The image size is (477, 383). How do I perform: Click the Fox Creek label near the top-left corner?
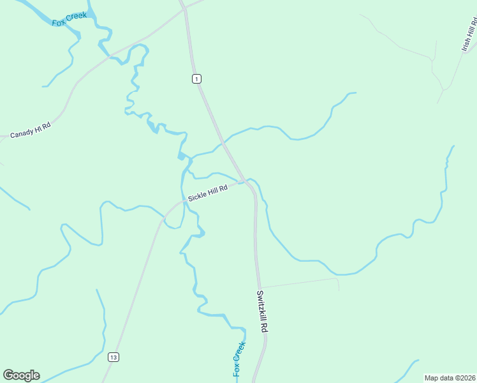(x=69, y=18)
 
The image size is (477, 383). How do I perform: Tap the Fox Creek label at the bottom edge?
(x=238, y=359)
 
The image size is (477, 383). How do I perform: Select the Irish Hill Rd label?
(x=469, y=35)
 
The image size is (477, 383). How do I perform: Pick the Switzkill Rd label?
(x=261, y=311)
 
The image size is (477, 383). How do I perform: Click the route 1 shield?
(x=196, y=79)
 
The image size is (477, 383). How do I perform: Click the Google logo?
(x=22, y=375)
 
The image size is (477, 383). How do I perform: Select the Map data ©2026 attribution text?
(x=450, y=378)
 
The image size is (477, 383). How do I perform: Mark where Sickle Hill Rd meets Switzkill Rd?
(x=246, y=182)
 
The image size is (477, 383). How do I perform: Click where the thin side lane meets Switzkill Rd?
(x=260, y=287)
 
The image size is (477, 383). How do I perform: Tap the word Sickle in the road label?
(x=197, y=195)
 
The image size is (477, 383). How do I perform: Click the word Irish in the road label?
(x=466, y=44)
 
